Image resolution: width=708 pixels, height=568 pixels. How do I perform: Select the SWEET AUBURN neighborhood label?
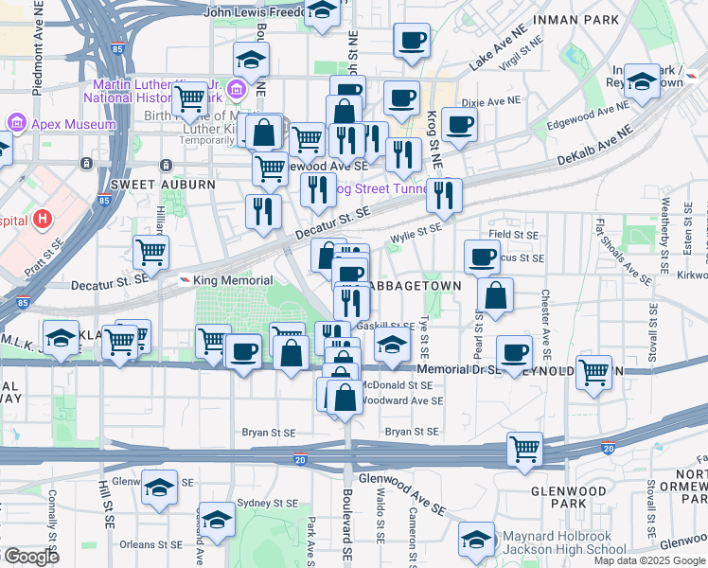[147, 184]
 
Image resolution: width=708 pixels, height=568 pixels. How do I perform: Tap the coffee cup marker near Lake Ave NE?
[411, 43]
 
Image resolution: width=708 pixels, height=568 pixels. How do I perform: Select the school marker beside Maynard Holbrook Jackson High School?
[476, 541]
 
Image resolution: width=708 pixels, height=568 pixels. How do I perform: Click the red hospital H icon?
[41, 220]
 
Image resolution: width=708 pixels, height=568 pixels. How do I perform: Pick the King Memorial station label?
[232, 280]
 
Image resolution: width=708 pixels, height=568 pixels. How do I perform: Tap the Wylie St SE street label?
[416, 228]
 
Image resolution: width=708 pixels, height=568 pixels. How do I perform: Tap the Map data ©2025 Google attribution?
[648, 559]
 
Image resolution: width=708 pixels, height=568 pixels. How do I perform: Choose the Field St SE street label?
[513, 234]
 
